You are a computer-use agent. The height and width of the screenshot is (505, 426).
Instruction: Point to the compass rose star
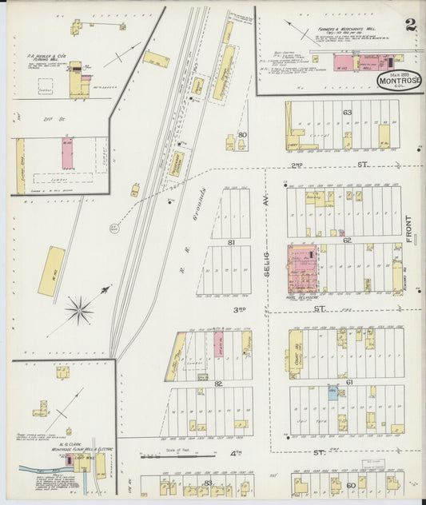(x=79, y=310)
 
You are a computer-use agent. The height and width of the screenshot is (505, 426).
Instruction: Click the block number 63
(x=347, y=113)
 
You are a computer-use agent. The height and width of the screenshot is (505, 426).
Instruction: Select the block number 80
(x=242, y=135)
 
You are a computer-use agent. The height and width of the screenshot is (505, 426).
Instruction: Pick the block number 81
(x=231, y=241)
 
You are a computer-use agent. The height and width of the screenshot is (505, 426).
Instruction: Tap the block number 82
(x=217, y=384)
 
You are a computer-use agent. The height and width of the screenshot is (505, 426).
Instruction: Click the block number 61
(x=349, y=383)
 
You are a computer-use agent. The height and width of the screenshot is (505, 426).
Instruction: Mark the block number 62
(x=347, y=240)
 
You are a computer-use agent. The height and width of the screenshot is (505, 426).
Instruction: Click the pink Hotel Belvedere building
(x=301, y=270)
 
